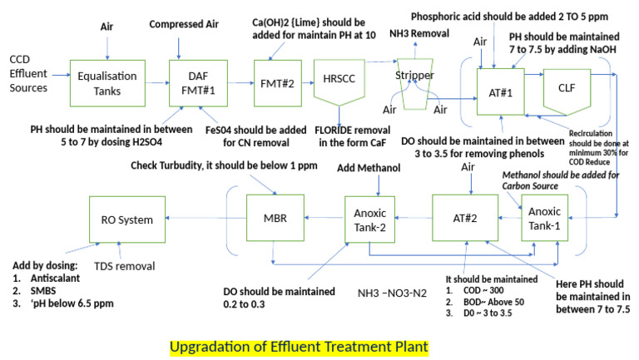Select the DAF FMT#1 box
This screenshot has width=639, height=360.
[196, 83]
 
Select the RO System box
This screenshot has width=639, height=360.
[122, 220]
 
